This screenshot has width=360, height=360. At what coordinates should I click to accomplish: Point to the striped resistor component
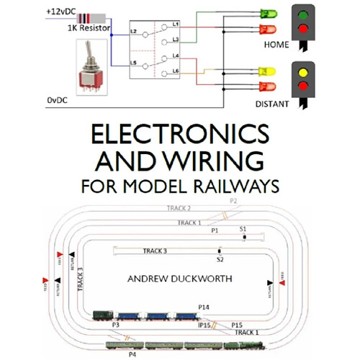click(x=91, y=18)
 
